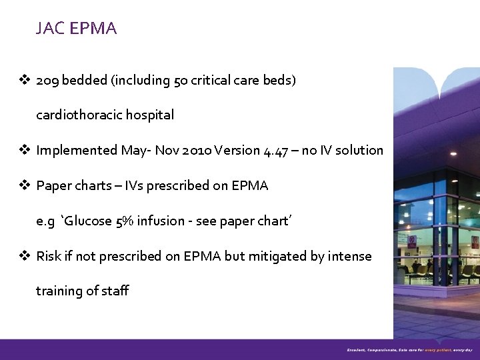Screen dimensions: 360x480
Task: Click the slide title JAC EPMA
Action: (77, 29)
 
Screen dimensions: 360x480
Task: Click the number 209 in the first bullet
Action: (47, 80)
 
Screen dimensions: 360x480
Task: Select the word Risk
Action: (49, 257)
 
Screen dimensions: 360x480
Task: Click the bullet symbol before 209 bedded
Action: (25, 80)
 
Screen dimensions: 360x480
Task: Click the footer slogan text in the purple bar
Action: (409, 349)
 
